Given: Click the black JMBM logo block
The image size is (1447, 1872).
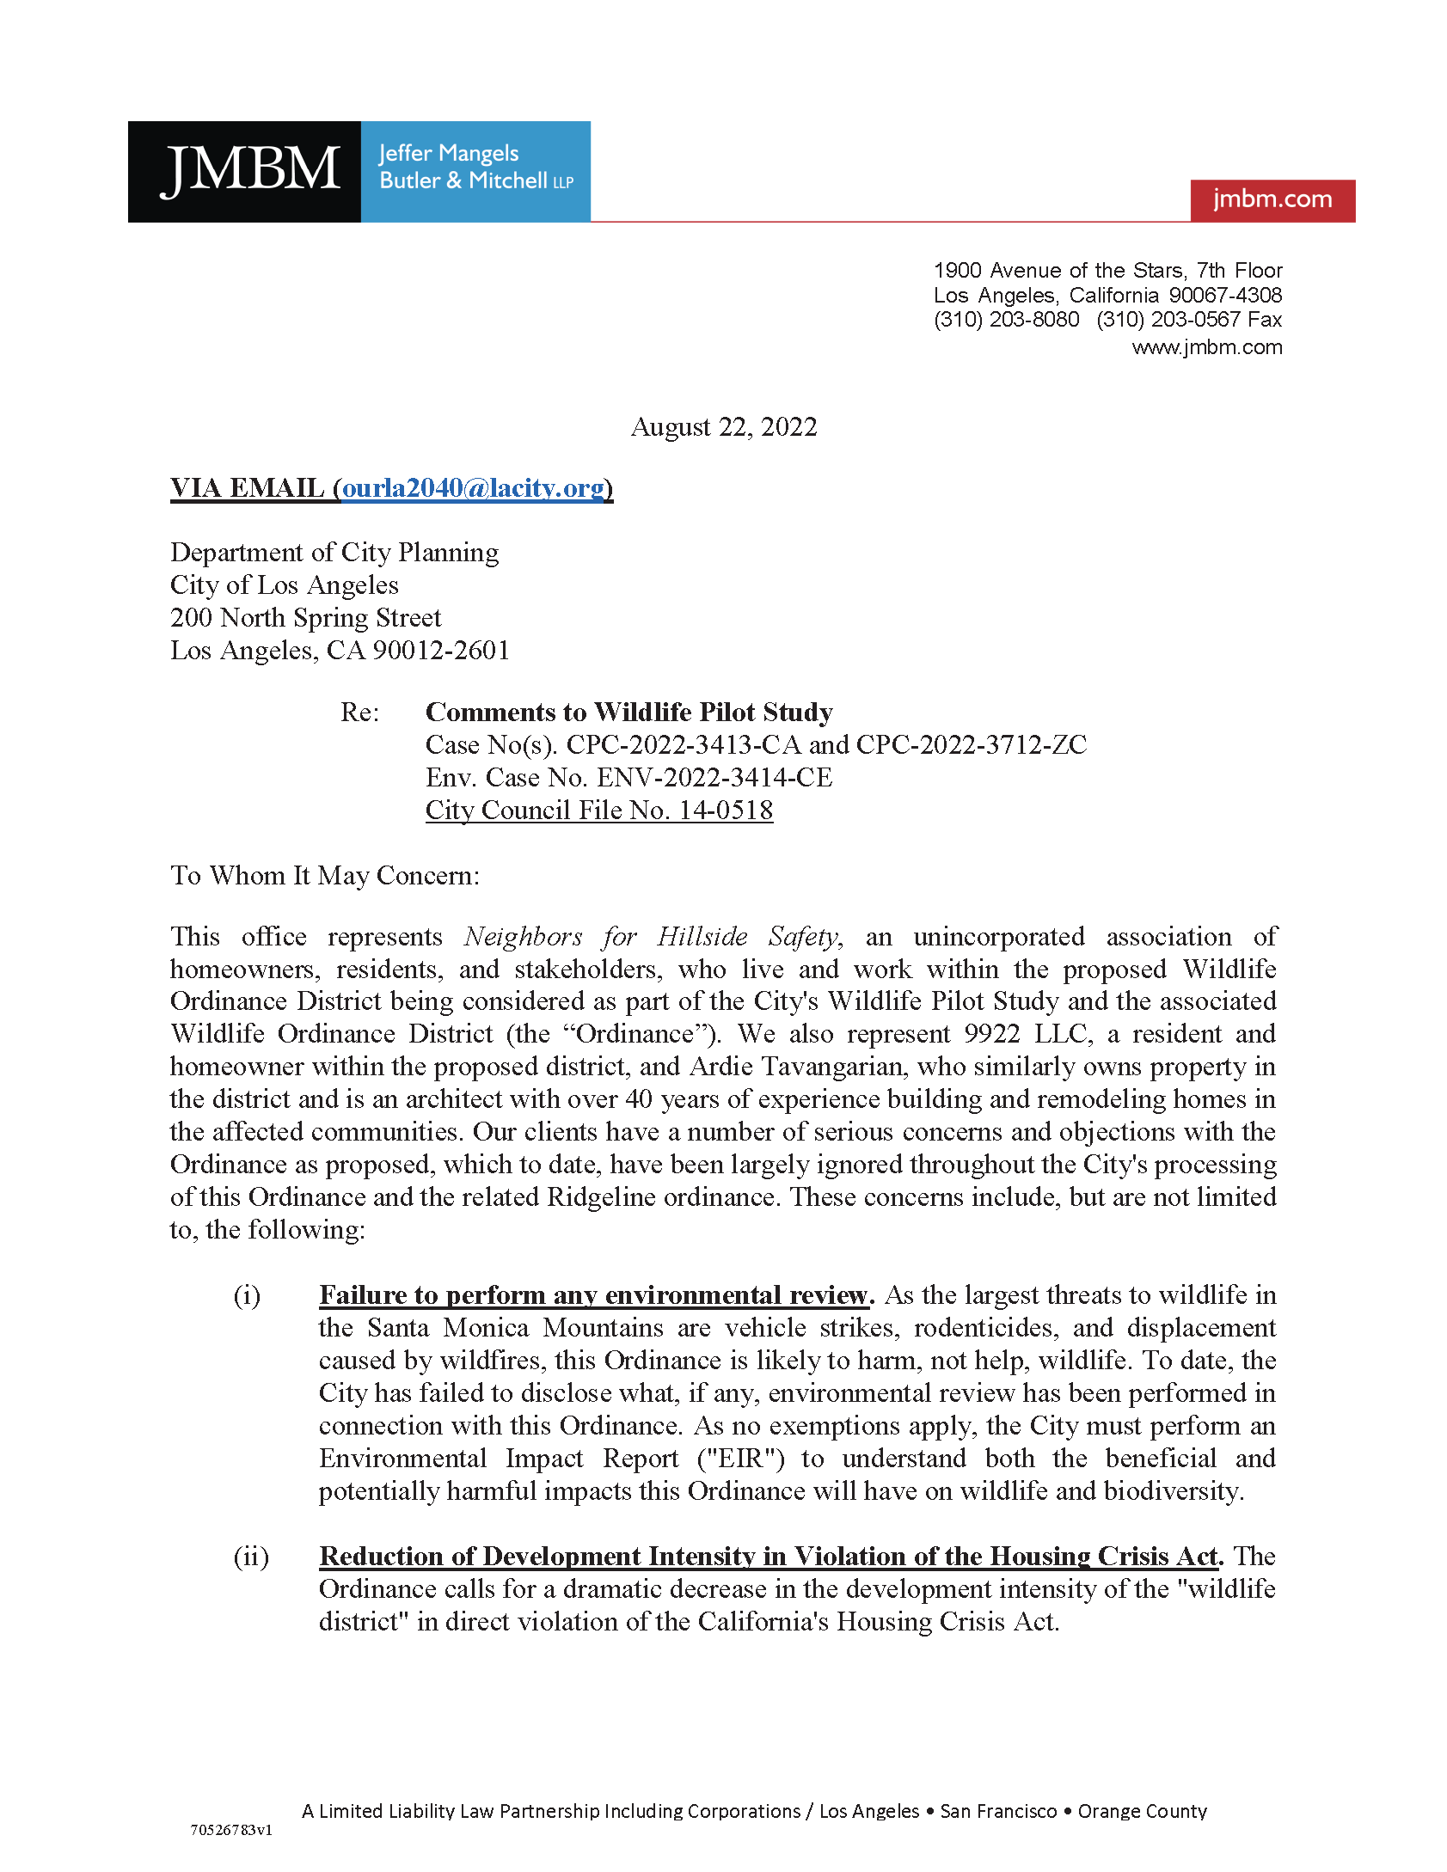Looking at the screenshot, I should coord(244,171).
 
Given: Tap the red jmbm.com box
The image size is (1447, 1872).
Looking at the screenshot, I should coord(1272,199).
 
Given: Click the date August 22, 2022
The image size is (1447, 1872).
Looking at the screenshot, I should coord(723,426).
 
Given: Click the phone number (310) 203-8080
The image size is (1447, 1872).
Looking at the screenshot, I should coord(1006,320).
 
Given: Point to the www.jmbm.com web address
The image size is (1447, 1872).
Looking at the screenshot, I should coord(1206,347).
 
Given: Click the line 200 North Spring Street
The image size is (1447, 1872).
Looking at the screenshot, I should coord(305,617).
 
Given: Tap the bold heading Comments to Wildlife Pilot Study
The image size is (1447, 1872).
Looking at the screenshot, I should coord(628,712).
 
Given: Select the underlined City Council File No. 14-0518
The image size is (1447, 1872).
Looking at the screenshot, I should coord(598,810).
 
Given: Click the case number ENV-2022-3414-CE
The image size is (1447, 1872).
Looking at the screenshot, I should coord(714,777).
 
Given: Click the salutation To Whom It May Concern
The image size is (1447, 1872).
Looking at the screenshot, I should coord(324,875).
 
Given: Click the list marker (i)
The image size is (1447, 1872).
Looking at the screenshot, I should coord(247,1295).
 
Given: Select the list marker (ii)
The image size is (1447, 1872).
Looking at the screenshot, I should coord(250,1557).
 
